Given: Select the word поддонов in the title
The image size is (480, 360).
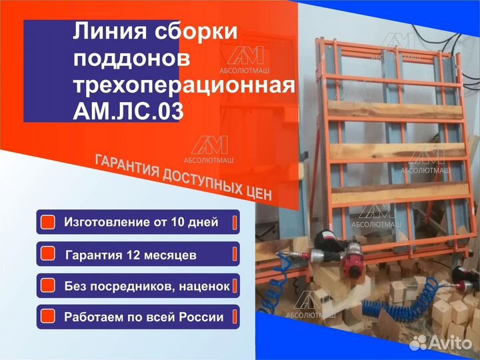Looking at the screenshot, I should (132, 58).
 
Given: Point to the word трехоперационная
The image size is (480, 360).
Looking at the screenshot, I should (183, 85).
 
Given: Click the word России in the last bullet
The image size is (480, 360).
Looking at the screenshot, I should (201, 317).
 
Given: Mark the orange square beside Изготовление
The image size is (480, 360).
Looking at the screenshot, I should (47, 222).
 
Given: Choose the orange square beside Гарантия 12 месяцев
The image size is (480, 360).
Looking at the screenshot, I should (47, 254).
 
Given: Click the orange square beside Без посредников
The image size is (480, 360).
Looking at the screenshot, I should (47, 285).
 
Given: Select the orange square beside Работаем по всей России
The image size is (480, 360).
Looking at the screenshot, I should (47, 316).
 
